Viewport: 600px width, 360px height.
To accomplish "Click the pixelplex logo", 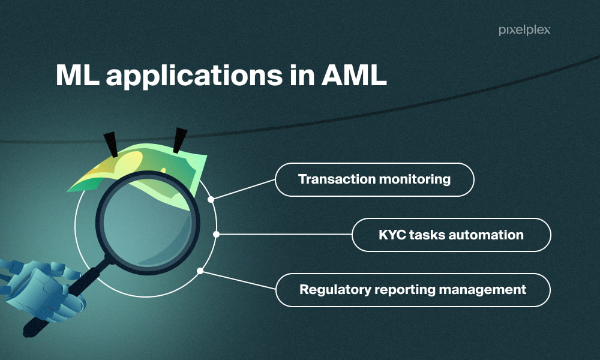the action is [524, 30].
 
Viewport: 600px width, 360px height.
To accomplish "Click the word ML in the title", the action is [77, 75].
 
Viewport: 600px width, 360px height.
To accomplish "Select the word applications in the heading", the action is [194, 77].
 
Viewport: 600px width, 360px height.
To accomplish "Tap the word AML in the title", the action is [354, 75].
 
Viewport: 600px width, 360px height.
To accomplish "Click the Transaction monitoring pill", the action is [374, 179].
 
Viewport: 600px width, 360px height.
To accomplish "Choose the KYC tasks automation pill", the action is [451, 235].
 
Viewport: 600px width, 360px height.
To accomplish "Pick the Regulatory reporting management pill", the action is [413, 290].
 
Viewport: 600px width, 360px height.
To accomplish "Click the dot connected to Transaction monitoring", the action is [211, 199].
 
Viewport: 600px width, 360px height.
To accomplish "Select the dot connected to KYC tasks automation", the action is [216, 234].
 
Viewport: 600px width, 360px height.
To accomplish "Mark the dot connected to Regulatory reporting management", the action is [200, 271].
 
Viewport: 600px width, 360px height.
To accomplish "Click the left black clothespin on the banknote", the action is [111, 145].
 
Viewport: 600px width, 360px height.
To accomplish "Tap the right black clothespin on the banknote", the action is [179, 140].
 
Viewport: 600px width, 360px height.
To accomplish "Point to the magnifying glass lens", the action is [148, 223].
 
